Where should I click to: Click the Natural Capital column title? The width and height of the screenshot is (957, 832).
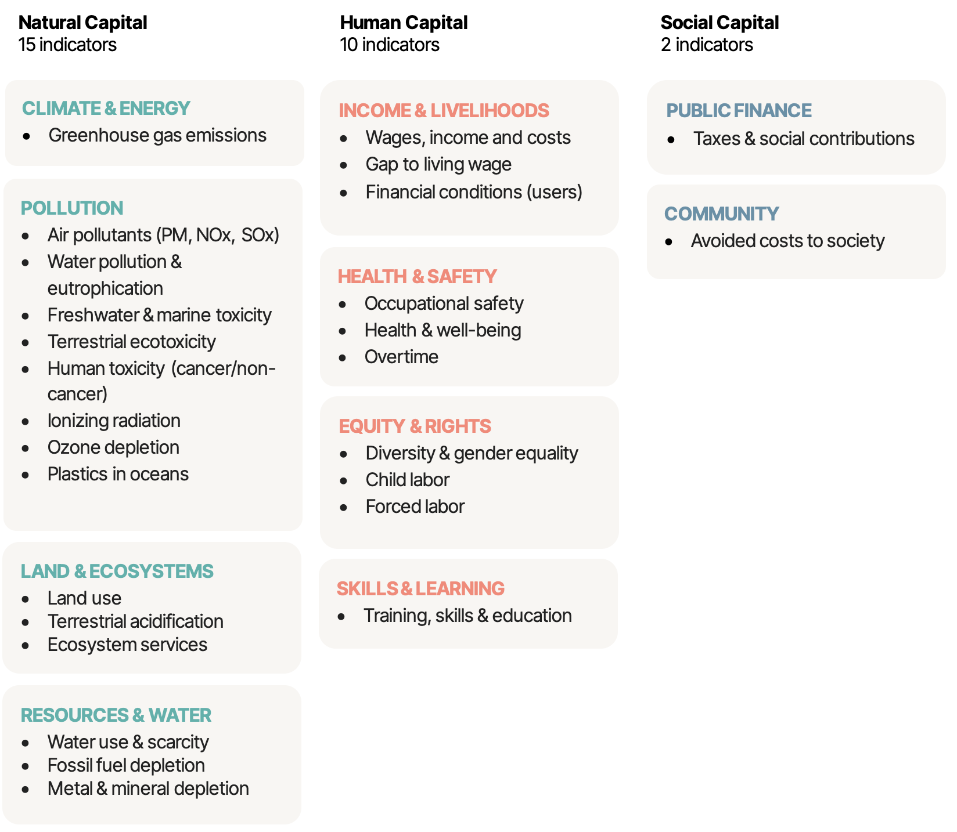[82, 23]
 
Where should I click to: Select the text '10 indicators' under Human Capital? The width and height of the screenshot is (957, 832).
[389, 45]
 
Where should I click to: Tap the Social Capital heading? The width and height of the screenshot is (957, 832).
[719, 23]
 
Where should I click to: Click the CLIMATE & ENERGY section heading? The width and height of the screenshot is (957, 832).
[106, 108]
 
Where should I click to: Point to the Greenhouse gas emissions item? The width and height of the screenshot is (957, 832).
[157, 135]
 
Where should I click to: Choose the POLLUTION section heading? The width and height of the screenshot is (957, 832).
[72, 208]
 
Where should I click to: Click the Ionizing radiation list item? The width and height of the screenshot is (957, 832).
[114, 421]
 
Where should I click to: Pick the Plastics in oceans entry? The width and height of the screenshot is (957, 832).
[118, 474]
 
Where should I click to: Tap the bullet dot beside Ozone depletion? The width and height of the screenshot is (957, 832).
[26, 448]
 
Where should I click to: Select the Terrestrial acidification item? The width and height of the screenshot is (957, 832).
[135, 621]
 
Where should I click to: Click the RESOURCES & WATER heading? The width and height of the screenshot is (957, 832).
[116, 715]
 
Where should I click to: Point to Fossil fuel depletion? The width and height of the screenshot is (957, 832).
[126, 765]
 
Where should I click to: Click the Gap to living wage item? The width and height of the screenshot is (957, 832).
[438, 164]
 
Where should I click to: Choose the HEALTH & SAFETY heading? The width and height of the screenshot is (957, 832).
[417, 276]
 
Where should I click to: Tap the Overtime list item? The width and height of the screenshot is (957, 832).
[401, 357]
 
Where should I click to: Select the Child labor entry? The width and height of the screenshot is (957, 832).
[407, 480]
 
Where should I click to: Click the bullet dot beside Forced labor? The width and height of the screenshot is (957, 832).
[344, 507]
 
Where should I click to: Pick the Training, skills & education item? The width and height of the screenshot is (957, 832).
[467, 616]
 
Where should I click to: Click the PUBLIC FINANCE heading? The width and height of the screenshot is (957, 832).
[739, 110]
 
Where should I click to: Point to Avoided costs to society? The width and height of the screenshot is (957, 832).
[787, 241]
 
